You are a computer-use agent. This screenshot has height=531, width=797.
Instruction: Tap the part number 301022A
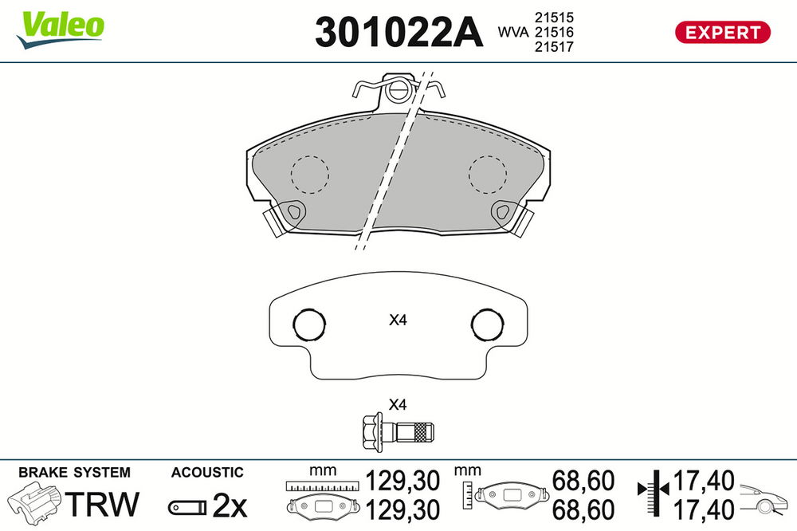click(x=398, y=32)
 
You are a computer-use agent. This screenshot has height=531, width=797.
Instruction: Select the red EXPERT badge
click(x=722, y=32)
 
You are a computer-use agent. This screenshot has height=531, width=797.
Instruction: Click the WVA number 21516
click(x=554, y=32)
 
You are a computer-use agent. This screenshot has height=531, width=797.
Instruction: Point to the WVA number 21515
click(x=554, y=18)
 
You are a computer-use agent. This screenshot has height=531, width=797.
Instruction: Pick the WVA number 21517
click(x=554, y=47)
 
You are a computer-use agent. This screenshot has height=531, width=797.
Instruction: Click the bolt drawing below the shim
click(x=398, y=432)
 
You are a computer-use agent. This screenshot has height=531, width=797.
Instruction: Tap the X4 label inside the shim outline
click(x=398, y=320)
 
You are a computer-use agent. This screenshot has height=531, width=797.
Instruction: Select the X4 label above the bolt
click(x=398, y=405)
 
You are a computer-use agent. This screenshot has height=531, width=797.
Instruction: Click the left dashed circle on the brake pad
click(x=309, y=155)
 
